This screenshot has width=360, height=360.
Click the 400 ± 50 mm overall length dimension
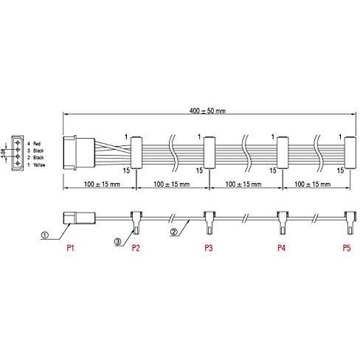pos(207,111)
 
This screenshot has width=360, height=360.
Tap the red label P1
pos(71,248)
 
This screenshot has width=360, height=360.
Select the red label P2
pos(136,248)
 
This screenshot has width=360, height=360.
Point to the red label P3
pos(209,248)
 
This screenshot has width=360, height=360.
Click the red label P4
pos(282,248)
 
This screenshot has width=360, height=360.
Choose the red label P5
pos(347,248)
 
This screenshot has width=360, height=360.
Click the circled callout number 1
pos(45,235)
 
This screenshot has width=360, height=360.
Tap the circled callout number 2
pos(173,232)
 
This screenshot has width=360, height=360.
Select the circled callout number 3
pos(117,242)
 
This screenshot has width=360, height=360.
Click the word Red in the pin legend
pos(37,143)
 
